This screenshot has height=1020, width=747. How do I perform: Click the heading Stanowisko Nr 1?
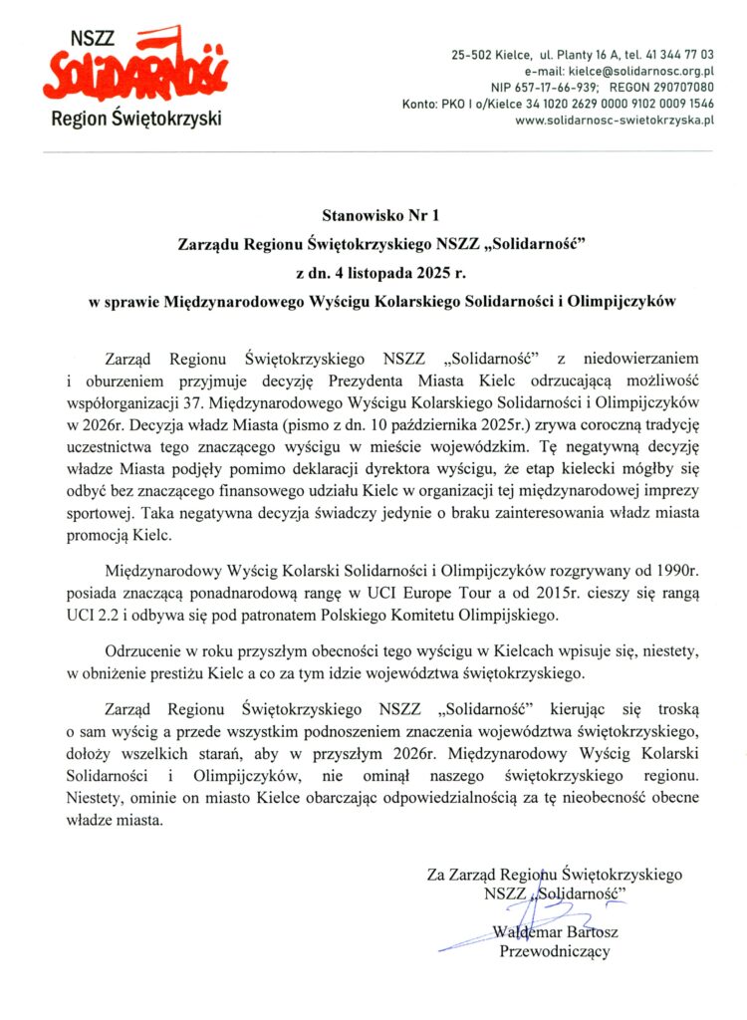click(374, 213)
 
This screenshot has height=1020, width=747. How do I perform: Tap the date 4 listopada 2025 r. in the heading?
click(390, 272)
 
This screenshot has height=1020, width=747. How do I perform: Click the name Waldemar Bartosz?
click(554, 932)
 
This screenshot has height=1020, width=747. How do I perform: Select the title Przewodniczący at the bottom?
click(554, 951)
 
